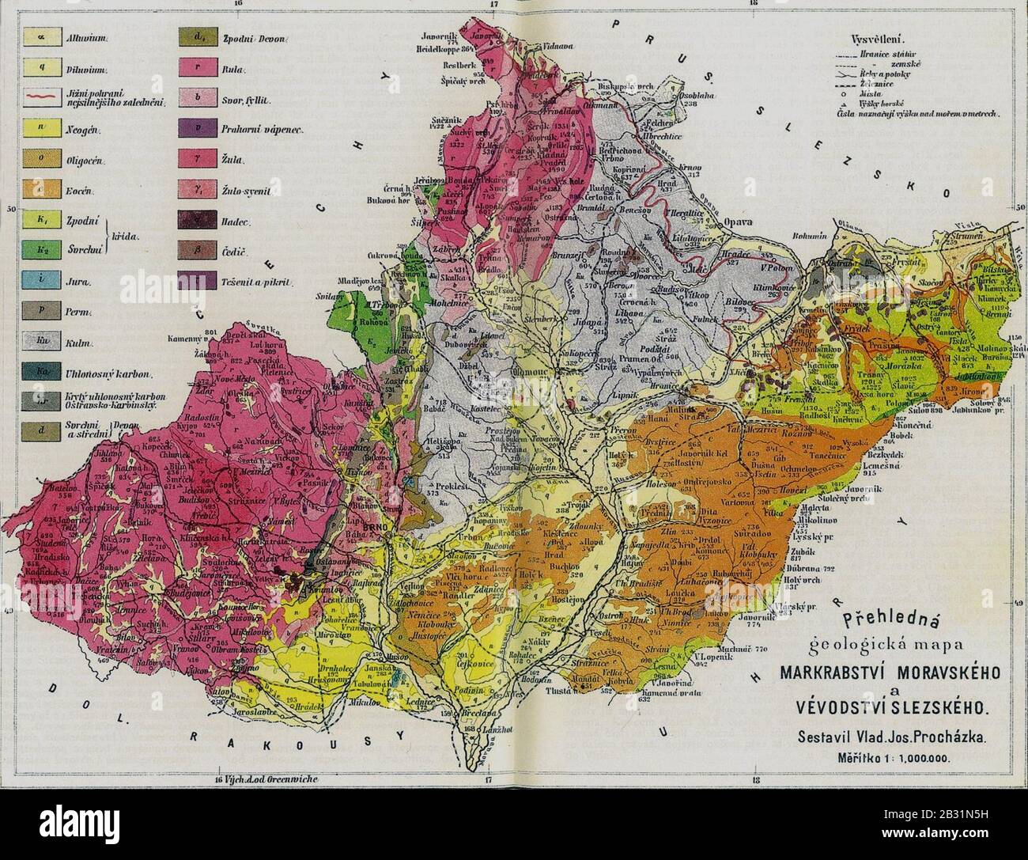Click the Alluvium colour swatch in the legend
[36, 37]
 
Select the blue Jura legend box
[36, 281]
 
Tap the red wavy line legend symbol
[36, 98]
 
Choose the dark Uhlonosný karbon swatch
[36, 372]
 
